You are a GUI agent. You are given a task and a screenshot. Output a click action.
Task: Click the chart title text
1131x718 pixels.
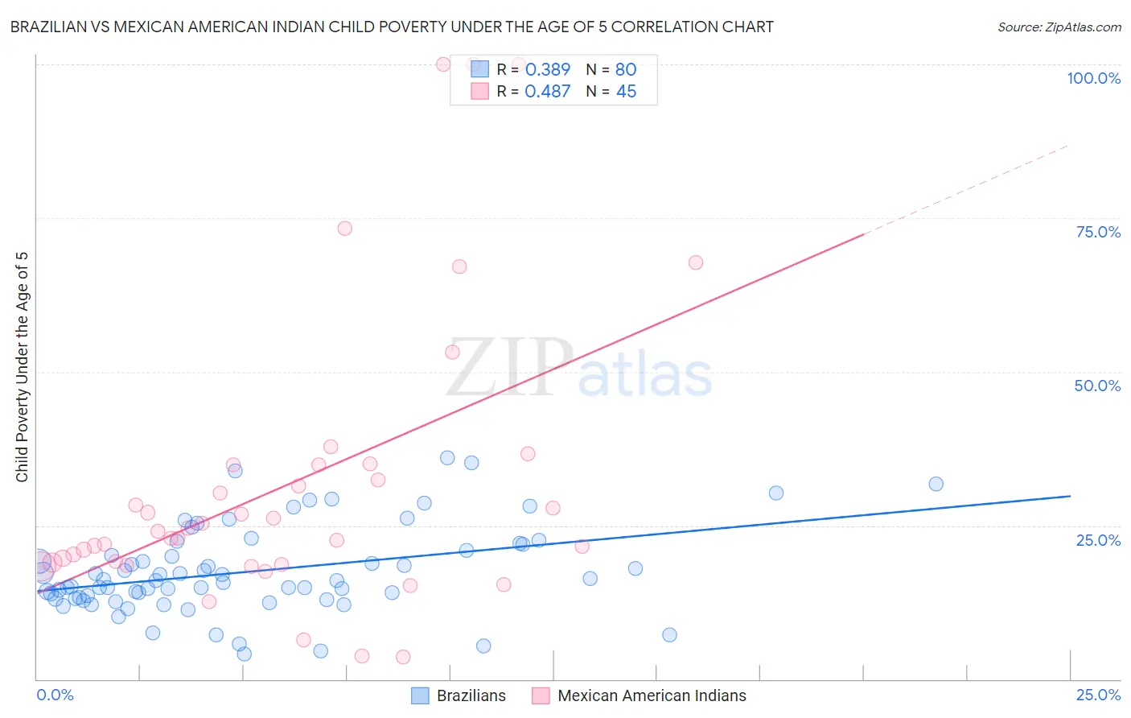click(x=392, y=27)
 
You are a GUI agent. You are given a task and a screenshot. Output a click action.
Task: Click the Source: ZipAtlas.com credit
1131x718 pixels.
click(x=1059, y=27)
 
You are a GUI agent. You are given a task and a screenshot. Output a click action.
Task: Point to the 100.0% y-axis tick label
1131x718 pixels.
click(x=1093, y=78)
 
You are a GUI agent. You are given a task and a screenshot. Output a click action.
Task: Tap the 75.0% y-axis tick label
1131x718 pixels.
click(x=1098, y=232)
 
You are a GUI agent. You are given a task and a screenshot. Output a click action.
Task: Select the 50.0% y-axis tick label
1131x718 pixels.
click(x=1097, y=386)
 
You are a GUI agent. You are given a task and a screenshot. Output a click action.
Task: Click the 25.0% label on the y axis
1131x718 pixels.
click(x=1098, y=539)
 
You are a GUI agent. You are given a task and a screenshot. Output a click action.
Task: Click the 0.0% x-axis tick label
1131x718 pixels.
click(x=55, y=695)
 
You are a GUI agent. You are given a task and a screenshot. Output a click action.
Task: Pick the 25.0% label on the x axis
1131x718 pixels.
click(x=1098, y=695)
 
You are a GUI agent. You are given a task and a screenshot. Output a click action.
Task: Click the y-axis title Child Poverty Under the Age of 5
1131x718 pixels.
click(x=22, y=367)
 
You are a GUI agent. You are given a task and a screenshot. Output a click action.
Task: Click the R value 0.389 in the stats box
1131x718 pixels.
click(x=547, y=70)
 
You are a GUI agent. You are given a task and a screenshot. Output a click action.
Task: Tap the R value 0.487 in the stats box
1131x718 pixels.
click(x=547, y=92)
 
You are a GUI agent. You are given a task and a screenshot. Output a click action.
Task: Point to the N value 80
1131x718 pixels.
click(x=625, y=70)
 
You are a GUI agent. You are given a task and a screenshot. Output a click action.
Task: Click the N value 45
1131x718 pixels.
click(x=625, y=92)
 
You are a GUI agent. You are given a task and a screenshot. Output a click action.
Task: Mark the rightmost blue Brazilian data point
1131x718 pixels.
click(x=936, y=484)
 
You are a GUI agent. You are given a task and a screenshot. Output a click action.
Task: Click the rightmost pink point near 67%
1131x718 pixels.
click(x=696, y=262)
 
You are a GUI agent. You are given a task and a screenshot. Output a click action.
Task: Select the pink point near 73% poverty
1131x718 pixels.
click(x=345, y=229)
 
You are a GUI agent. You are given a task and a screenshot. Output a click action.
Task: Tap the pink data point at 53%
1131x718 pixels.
click(x=452, y=352)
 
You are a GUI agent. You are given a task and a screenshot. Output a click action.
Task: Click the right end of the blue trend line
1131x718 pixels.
click(x=1070, y=496)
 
